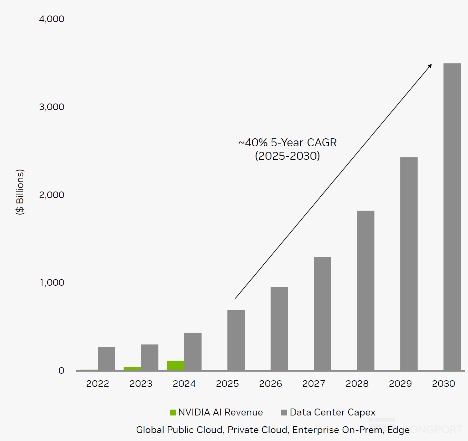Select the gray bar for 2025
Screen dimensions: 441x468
pos(236,340)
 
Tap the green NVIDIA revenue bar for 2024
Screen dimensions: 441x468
pos(175,365)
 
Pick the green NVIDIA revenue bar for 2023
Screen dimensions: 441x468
pos(132,369)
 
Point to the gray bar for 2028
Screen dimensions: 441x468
pos(365,291)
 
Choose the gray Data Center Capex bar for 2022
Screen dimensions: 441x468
pos(106,359)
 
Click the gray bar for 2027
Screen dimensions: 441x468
pos(322,314)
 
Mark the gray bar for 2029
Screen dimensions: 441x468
pos(409,264)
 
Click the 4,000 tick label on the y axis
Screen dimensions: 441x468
pos(52,19)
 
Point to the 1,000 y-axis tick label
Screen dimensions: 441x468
pos(52,283)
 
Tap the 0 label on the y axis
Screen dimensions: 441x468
pos(61,371)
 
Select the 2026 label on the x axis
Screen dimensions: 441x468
pos(271,384)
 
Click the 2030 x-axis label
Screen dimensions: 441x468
pos(443,384)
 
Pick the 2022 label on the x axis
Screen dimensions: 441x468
pos(98,384)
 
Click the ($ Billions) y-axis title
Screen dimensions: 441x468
pos(20,192)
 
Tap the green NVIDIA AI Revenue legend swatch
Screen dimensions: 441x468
pos(173,412)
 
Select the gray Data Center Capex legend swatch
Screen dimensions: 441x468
pos(284,412)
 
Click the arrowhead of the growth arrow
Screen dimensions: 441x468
pos(430,66)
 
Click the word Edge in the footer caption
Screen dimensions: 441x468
pos(399,430)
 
